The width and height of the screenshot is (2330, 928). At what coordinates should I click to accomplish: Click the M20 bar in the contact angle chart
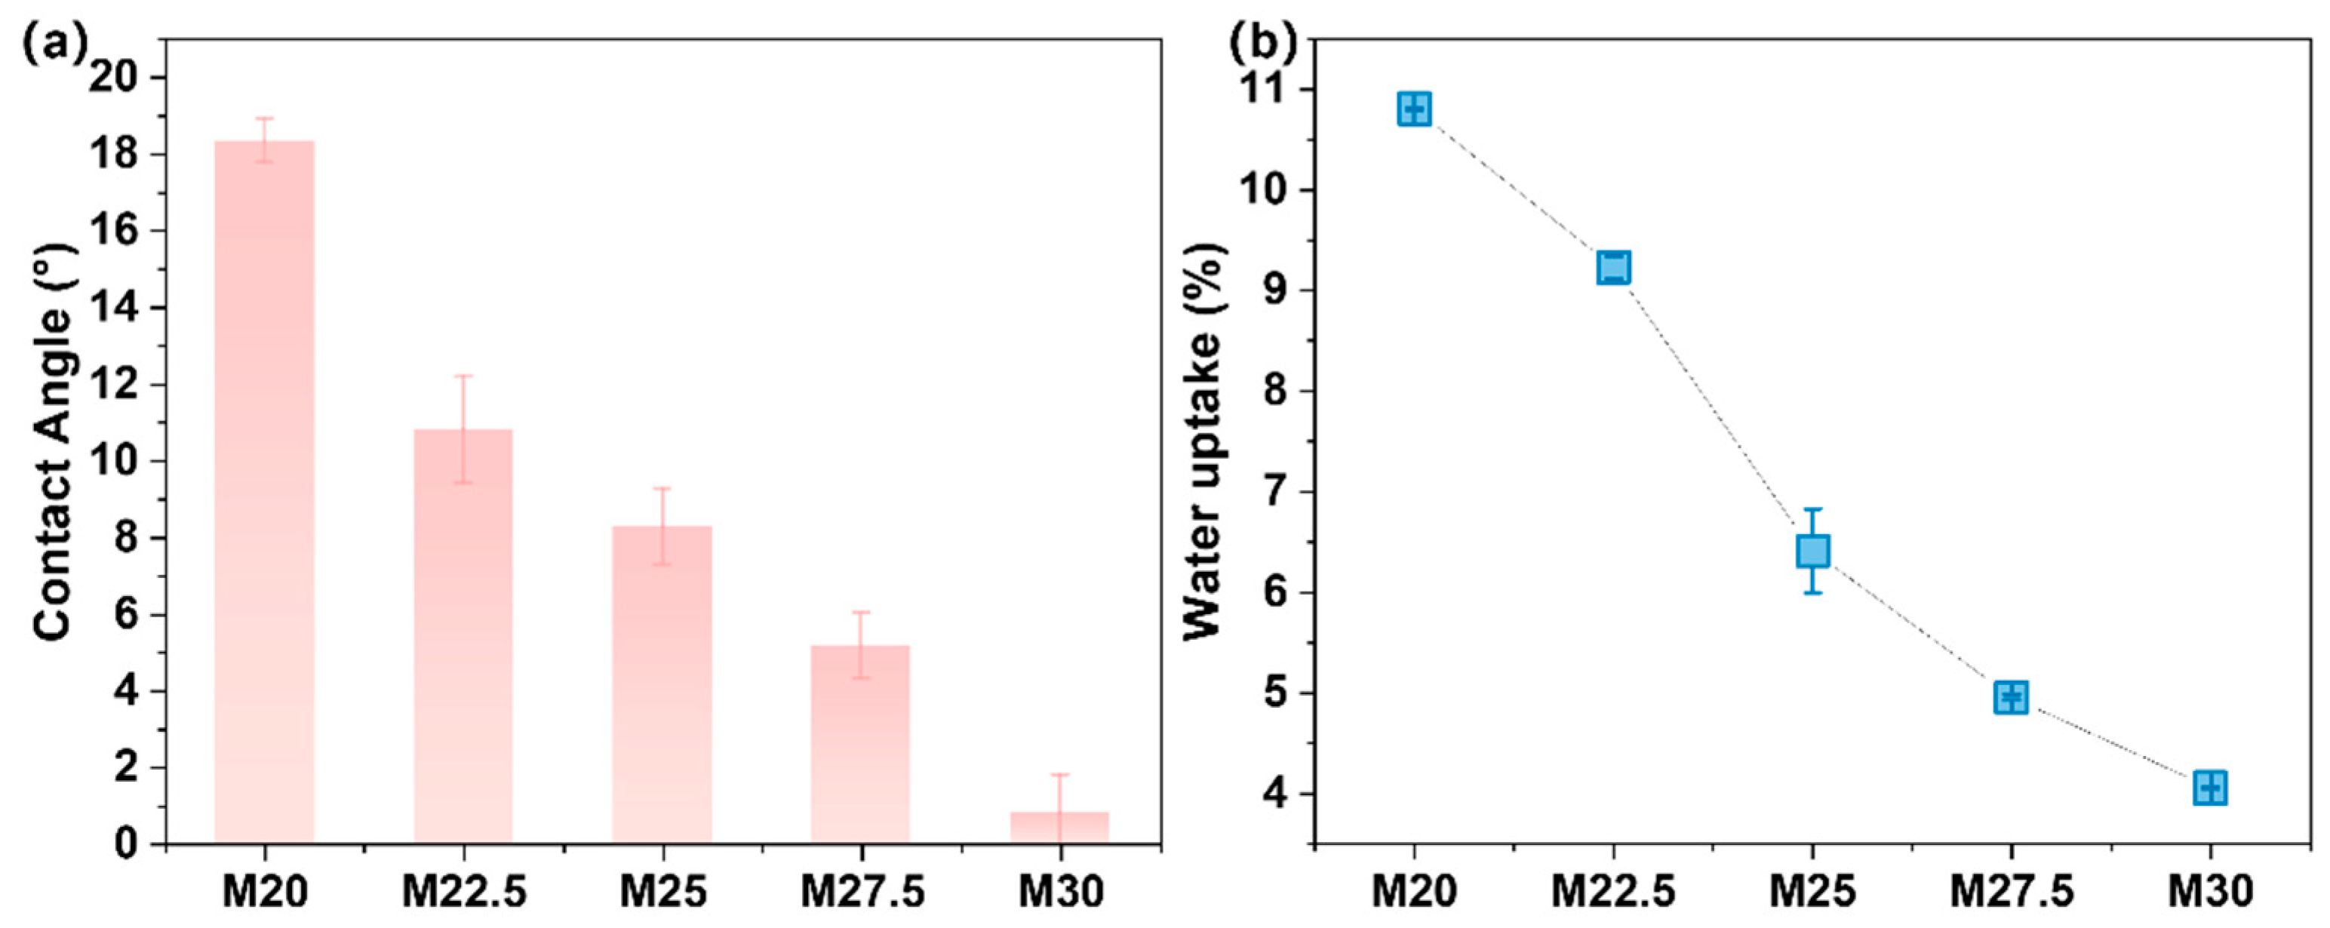(264, 493)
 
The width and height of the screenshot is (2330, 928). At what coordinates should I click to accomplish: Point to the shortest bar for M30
(1059, 828)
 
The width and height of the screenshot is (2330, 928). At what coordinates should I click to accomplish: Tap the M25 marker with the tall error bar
(1812, 551)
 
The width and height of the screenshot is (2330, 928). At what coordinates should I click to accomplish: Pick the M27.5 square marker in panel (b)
(2011, 696)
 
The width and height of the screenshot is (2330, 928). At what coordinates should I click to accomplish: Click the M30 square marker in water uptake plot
(2210, 788)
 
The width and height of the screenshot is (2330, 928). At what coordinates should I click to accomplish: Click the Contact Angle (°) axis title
(54, 474)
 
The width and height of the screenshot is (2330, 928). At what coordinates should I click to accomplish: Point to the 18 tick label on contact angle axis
(115, 155)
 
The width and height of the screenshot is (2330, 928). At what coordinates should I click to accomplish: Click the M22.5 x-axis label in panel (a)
(464, 893)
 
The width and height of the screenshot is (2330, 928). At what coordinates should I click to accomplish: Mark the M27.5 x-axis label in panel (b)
(2012, 893)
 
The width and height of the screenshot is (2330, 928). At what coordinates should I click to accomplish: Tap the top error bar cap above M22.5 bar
(463, 376)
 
